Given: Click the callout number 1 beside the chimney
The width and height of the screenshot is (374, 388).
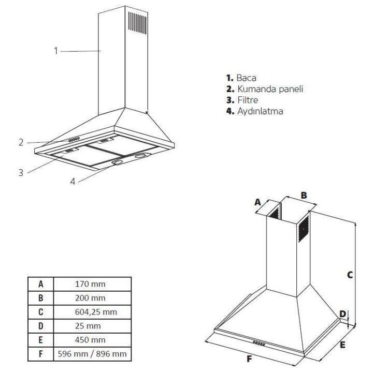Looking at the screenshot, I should click(55, 51).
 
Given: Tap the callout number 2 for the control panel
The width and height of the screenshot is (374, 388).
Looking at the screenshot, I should click(21, 142).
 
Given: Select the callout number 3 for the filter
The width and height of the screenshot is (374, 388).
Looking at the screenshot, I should click(21, 172).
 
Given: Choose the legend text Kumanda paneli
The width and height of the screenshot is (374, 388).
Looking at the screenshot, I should click(266, 89).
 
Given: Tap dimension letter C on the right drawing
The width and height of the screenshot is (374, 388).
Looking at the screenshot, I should click(350, 275).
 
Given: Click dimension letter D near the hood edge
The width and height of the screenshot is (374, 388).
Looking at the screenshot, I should click(342, 314).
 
